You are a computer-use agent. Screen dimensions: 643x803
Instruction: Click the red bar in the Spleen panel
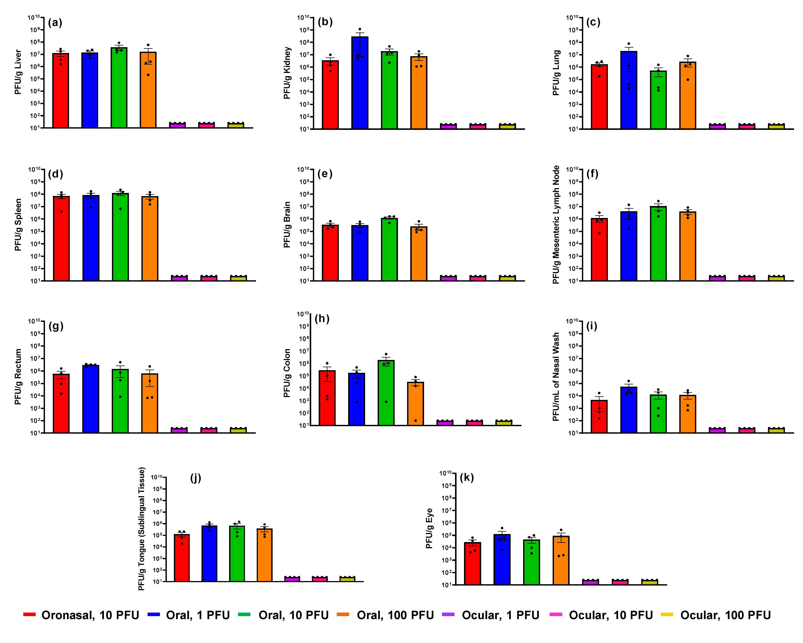pos(61,238)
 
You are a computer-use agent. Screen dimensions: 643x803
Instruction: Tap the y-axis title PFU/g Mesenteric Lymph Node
pos(556,225)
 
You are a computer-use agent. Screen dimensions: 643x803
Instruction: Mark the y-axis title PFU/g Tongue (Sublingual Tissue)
pos(142,529)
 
